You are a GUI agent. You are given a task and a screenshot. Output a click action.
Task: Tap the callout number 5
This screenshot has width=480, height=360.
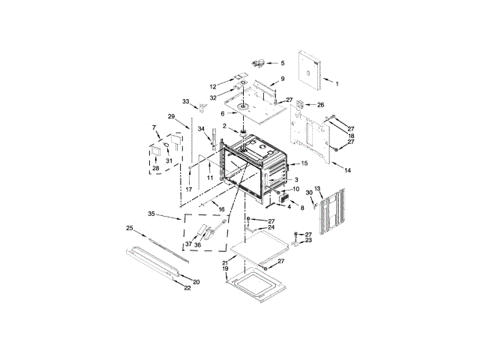tap(283, 63)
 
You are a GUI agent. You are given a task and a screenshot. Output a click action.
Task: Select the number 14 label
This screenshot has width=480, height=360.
tap(347, 171)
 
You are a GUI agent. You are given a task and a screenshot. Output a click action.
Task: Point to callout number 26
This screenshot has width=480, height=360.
tap(321, 105)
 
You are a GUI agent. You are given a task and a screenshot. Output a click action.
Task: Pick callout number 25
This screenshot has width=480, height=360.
tap(129, 228)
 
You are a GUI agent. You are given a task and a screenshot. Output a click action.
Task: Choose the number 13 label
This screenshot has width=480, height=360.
tap(317, 187)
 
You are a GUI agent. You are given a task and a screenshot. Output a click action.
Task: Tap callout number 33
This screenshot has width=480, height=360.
tap(184, 101)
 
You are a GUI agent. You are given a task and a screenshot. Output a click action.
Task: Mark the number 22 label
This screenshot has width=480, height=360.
tap(187, 288)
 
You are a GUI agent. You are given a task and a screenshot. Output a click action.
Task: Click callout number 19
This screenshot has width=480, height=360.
tap(224, 268)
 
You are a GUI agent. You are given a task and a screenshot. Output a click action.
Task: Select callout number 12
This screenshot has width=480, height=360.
tap(212, 86)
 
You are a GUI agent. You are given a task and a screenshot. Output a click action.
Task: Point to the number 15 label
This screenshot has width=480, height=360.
tap(304, 163)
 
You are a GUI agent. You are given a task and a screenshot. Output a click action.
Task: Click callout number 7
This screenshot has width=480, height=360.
tap(154, 127)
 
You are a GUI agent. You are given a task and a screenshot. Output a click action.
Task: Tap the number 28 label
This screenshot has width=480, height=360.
tap(156, 168)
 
